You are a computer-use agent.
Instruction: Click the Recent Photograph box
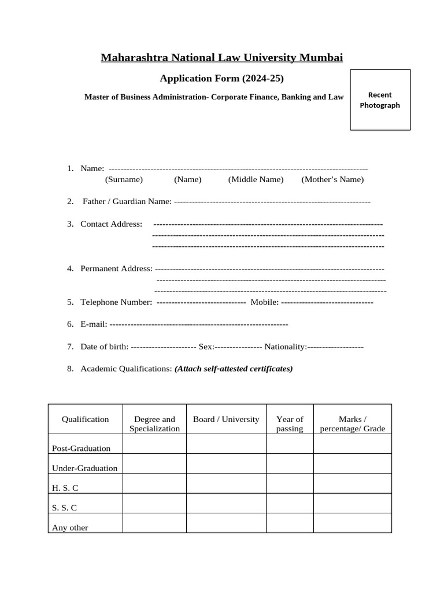click(x=380, y=99)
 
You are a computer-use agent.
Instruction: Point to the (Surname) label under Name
click(x=124, y=179)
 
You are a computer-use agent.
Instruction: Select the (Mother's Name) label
click(x=332, y=179)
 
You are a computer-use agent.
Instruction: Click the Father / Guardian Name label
click(x=127, y=201)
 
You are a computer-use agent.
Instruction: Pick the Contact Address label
click(x=111, y=224)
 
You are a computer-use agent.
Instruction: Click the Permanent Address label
click(x=116, y=268)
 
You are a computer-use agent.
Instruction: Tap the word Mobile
click(x=264, y=302)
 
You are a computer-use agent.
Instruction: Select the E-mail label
click(x=94, y=324)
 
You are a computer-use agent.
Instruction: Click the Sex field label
click(x=206, y=346)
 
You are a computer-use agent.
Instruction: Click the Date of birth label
click(x=104, y=346)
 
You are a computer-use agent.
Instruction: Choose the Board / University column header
click(x=226, y=419)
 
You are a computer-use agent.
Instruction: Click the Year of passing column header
click(x=290, y=424)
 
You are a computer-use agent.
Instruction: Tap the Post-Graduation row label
click(x=82, y=448)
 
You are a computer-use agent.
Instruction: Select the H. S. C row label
click(x=65, y=487)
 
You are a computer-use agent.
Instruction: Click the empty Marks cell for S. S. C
click(x=352, y=503)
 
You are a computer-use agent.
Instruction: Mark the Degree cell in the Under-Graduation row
click(x=154, y=464)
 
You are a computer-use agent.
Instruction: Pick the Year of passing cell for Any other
click(x=290, y=523)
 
